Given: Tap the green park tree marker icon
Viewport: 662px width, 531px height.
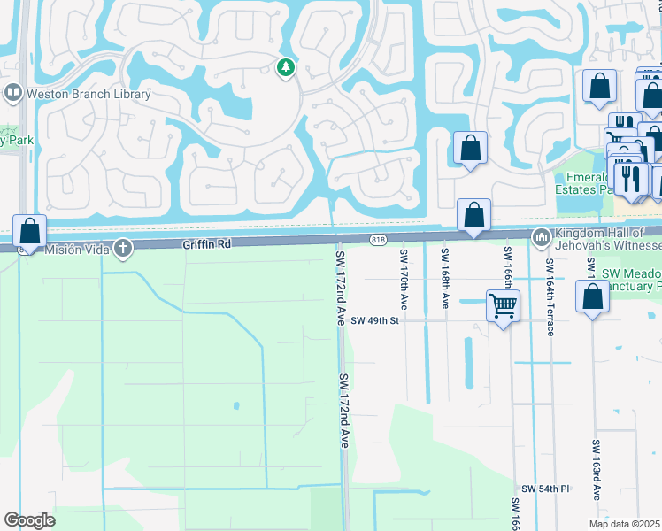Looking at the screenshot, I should pyautogui.click(x=285, y=67).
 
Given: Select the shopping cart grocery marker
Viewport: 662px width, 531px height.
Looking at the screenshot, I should pyautogui.click(x=504, y=307).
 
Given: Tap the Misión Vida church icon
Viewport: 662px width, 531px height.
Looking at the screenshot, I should pyautogui.click(x=124, y=249).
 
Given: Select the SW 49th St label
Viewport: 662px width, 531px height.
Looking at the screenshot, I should pyautogui.click(x=375, y=320).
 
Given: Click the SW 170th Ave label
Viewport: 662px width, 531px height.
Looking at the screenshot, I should pyautogui.click(x=404, y=278).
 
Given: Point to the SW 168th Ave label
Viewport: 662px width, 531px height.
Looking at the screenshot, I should pyautogui.click(x=445, y=278).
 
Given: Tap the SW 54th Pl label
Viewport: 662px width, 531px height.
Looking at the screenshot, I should pyautogui.click(x=546, y=489).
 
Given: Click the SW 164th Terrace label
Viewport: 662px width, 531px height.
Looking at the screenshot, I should pyautogui.click(x=550, y=297).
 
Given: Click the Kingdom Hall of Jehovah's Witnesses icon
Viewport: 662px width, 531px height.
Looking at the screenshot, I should pyautogui.click(x=540, y=236).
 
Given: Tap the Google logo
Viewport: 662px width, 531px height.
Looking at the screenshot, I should pyautogui.click(x=29, y=520).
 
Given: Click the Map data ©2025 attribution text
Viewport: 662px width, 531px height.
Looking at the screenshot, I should pyautogui.click(x=624, y=524).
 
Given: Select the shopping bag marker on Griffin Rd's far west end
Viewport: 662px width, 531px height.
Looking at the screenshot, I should pyautogui.click(x=30, y=232).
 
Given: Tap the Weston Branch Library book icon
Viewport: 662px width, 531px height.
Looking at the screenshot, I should pyautogui.click(x=13, y=93).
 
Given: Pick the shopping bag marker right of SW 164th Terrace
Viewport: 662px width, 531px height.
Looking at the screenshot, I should pyautogui.click(x=592, y=299).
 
